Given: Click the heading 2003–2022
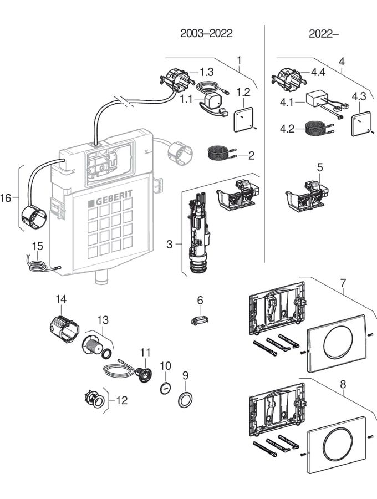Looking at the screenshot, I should click(x=206, y=33).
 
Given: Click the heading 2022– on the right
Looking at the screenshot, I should click(x=324, y=33).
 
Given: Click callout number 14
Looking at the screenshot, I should click(x=60, y=299).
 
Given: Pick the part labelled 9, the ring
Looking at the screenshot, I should click(x=185, y=398).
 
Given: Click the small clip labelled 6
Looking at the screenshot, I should click(x=201, y=320).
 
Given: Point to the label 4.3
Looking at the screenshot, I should click(x=359, y=96).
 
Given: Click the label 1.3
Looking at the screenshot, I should click(x=206, y=72).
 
